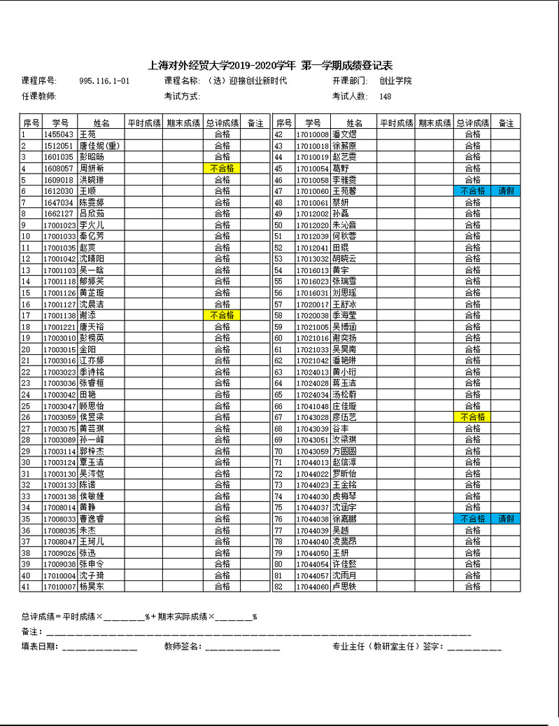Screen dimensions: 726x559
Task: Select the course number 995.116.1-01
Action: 104,81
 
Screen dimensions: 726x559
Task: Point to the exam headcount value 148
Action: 385,97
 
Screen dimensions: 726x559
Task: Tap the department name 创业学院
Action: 395,81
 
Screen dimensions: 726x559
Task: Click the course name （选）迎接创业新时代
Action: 243,81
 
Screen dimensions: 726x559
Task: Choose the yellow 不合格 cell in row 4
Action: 222,169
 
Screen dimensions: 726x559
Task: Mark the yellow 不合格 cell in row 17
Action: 222,316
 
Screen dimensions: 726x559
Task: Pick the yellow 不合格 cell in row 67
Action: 472,417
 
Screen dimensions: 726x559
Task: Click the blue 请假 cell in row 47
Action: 506,191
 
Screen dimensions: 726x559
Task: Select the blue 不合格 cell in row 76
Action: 472,519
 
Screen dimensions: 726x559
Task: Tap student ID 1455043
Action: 58,134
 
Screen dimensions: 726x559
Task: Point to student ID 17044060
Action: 312,587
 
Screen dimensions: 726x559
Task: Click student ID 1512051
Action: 58,146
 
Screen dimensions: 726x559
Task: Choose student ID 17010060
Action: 312,191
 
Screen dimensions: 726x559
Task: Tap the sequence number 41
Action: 26,587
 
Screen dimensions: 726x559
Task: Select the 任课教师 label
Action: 39,97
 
